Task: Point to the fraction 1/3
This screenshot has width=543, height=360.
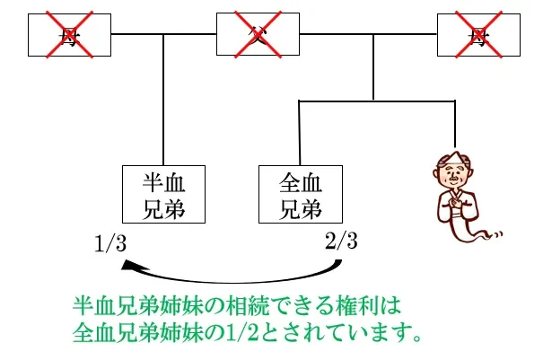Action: point(112,242)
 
